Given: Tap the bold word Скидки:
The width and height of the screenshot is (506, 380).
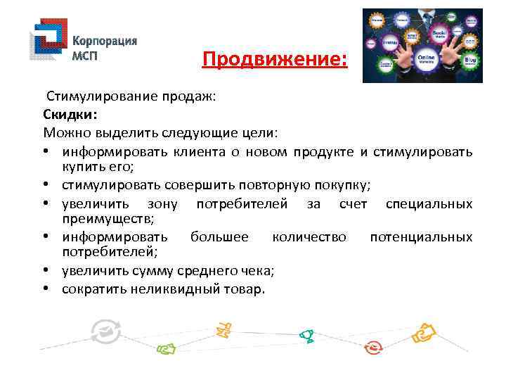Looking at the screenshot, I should point(70,114).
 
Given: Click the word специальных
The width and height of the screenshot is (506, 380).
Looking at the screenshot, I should point(429,203).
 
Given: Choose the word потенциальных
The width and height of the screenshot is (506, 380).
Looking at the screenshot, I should point(421,237).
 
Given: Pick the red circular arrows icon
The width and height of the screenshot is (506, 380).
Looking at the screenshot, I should point(375,346).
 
